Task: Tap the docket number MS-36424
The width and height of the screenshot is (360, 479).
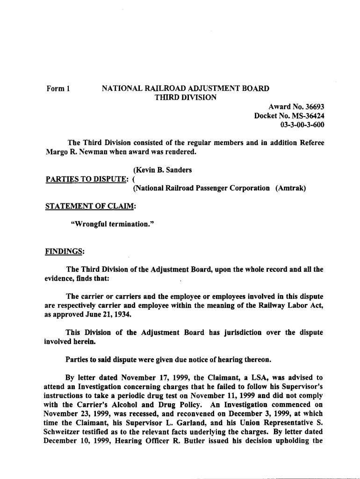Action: (306, 116)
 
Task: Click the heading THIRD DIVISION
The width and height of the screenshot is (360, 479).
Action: (185, 98)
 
